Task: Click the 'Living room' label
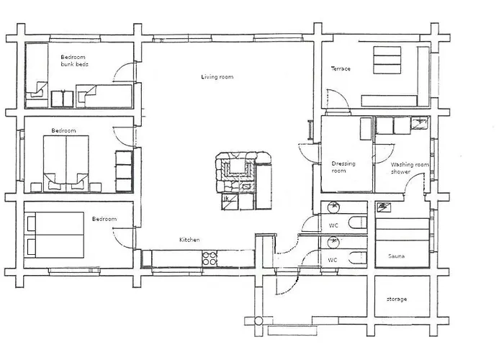[217, 77]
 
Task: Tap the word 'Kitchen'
[189, 240]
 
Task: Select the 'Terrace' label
[341, 68]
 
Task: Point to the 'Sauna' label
[396, 256]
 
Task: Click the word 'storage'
[397, 299]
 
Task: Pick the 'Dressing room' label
[343, 167]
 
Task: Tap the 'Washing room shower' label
[410, 168]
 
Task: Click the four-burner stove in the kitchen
[210, 258]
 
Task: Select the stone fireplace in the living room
[237, 172]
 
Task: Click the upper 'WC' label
[333, 225]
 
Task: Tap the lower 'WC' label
[333, 260]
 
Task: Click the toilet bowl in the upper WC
[358, 222]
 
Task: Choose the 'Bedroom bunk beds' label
[74, 60]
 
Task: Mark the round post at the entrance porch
[258, 321]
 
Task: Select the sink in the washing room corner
[420, 123]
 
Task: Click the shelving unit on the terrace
[387, 60]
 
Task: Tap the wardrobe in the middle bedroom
[124, 171]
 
